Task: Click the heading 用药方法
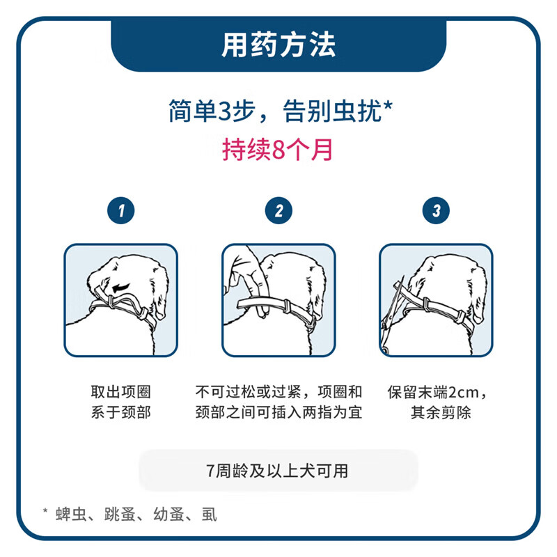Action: [x=278, y=45]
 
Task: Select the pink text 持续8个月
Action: [x=278, y=150]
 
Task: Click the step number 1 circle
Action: [x=121, y=210]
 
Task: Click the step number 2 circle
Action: [x=278, y=210]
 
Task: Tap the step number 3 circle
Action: [x=436, y=210]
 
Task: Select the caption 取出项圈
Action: [x=121, y=392]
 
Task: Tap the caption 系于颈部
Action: [x=121, y=412]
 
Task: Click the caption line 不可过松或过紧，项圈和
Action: [x=278, y=392]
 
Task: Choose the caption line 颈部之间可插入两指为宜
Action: [x=278, y=412]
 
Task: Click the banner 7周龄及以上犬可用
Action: [x=278, y=471]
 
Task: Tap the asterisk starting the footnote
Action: [x=45, y=512]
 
